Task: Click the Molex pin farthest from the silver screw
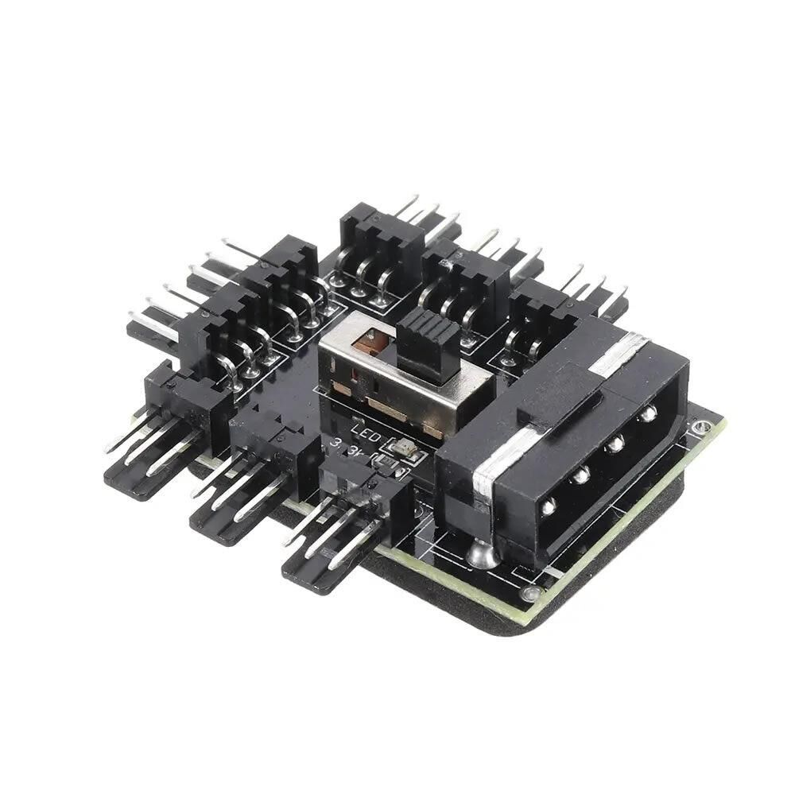649,413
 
